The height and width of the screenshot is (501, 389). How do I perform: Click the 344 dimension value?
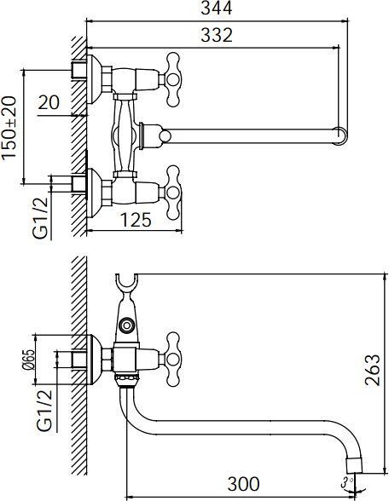pos(217,9)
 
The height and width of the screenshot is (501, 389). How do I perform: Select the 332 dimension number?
pos(217,35)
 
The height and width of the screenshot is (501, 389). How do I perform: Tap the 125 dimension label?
pos(136,220)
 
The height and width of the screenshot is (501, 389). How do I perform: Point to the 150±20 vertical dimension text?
pos(9,127)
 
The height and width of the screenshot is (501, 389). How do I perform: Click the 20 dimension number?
pos(49,102)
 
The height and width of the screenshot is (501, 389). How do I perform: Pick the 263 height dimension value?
pos(373,370)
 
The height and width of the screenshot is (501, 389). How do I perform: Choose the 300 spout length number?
pos(243,484)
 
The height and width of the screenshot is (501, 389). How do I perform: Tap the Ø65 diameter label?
pos(28,360)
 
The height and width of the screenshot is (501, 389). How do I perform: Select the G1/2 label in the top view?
pos(41,218)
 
